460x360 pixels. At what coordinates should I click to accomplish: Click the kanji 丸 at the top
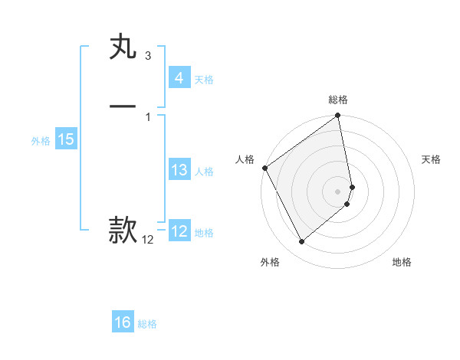[x=123, y=47]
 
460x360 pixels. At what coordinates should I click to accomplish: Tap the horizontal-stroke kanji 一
[x=123, y=106]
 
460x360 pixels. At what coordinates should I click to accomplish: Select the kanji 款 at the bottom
[x=123, y=229]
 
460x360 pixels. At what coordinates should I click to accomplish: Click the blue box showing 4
[x=179, y=78]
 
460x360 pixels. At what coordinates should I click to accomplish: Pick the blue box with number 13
[x=179, y=170]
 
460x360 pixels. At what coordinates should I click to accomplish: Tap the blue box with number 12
[x=179, y=231]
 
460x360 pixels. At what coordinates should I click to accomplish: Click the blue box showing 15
[x=65, y=139]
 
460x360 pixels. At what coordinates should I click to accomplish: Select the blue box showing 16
[x=123, y=322]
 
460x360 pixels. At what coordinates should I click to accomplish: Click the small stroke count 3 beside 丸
[x=147, y=56]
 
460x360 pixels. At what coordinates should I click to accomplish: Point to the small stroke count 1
[x=147, y=116]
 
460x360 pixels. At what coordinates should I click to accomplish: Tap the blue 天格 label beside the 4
[x=204, y=80]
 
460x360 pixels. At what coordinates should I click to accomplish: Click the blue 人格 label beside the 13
[x=204, y=172]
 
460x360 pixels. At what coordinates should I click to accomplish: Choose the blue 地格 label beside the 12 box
[x=204, y=233]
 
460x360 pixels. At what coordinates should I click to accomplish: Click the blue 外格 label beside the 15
[x=41, y=141]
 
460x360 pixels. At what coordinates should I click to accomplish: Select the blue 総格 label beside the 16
[x=147, y=324]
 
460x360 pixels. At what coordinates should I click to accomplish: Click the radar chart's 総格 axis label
[x=338, y=100]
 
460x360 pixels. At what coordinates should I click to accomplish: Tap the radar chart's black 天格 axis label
[x=432, y=159]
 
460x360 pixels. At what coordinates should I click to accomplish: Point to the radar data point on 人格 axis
[x=264, y=168]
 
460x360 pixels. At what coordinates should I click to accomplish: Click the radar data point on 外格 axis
[x=302, y=242]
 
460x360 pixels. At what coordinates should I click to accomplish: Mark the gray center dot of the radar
[x=338, y=191]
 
